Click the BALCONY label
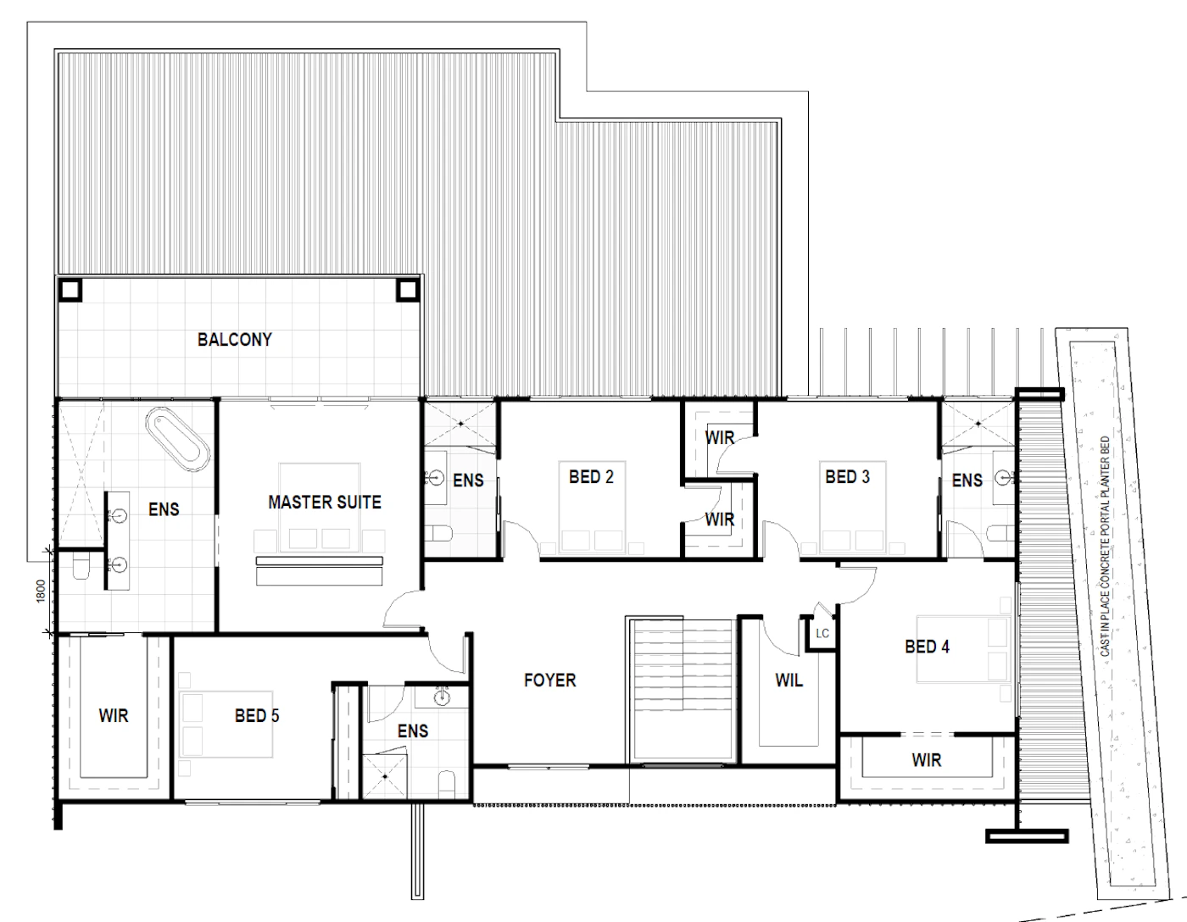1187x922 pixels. pos(234,340)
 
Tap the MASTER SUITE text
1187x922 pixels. pos(325,503)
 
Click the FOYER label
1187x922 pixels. pos(549,680)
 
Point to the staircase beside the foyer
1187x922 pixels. pos(682,690)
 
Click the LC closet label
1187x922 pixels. pos(822,634)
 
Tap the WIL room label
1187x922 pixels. pos(789,680)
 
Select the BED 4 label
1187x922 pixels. pos(927,647)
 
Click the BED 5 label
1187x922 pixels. pos(257,716)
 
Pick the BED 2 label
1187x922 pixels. pos(591,477)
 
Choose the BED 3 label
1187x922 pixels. pos(847,477)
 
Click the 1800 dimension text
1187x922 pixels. pos(41,592)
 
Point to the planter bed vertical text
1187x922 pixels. pos(1105,546)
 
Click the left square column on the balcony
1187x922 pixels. pos(70,290)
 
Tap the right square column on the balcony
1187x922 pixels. pos(408,290)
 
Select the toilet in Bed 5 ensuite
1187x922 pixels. pos(447,784)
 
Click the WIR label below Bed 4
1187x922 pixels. pos(927,760)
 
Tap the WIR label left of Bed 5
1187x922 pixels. pos(114,716)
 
